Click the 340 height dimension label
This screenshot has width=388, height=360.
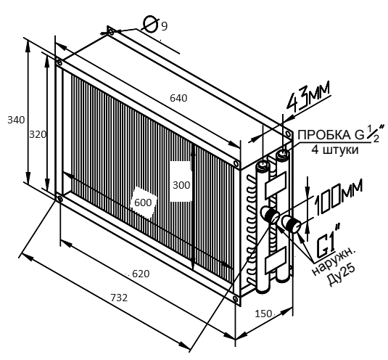click(16, 120)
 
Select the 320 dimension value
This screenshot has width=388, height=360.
click(38, 135)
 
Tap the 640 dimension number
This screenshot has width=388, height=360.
click(178, 98)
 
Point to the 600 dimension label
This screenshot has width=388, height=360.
click(143, 202)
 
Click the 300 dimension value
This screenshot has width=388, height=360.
click(181, 185)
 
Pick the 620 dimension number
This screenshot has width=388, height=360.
click(141, 274)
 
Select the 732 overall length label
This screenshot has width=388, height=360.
click(119, 298)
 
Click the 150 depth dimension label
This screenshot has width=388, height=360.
click(263, 314)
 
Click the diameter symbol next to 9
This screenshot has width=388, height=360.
click(150, 24)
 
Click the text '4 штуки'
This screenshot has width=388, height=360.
click(335, 150)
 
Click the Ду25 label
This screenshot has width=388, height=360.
click(342, 274)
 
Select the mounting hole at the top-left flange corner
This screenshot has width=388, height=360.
click(59, 62)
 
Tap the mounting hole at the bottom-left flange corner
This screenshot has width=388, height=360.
click(59, 198)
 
